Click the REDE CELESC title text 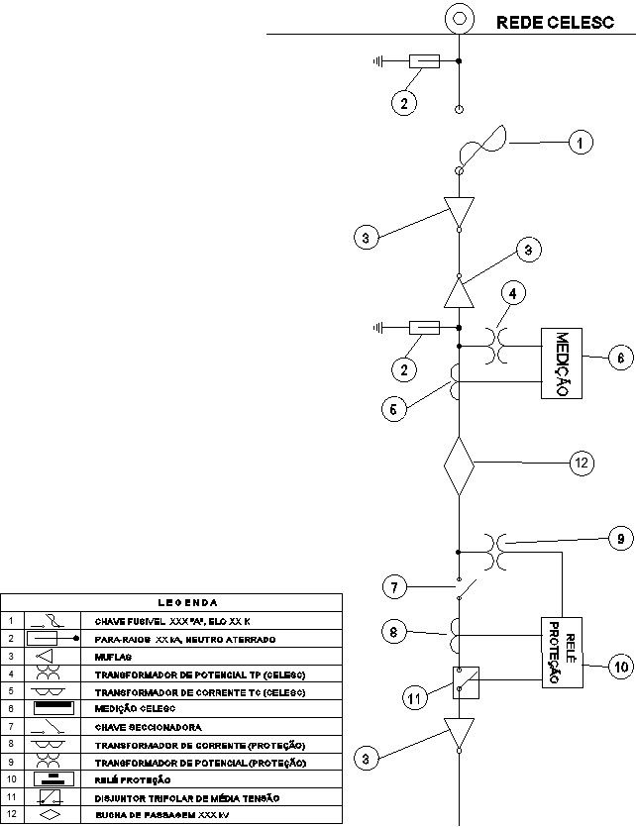556,22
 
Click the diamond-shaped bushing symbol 459,465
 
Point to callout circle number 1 581,143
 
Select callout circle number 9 619,539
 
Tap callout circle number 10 619,668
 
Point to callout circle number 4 512,294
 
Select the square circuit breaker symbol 459,680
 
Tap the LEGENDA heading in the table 188,601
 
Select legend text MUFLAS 113,656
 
